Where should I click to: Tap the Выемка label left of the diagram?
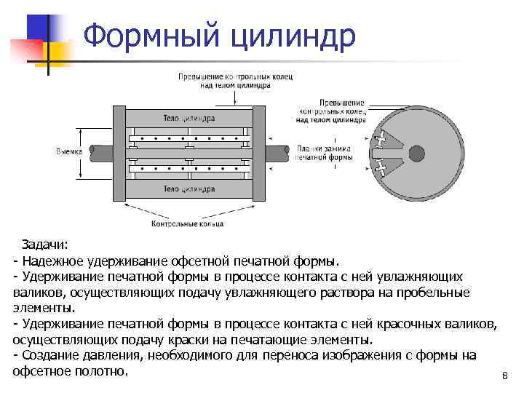[x=69, y=151]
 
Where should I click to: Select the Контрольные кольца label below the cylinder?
[x=187, y=223]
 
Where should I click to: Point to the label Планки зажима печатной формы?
[x=325, y=152]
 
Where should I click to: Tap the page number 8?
[x=504, y=376]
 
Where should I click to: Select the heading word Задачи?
[x=44, y=245]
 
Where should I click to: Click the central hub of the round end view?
[x=416, y=153]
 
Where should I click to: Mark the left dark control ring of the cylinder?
[x=119, y=154]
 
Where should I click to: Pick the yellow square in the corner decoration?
[x=58, y=49]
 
